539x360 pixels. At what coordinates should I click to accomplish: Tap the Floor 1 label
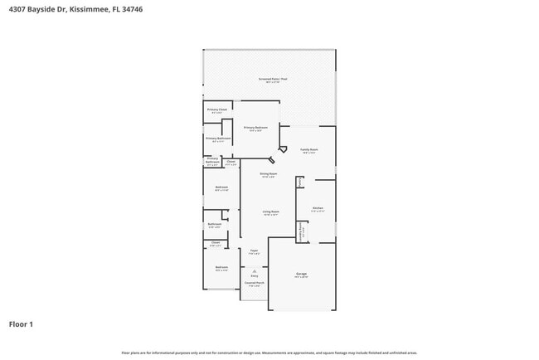(21, 324)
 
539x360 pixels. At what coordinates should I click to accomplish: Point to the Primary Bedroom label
(255, 129)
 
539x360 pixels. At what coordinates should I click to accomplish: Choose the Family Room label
(310, 150)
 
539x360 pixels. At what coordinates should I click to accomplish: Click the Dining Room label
(268, 174)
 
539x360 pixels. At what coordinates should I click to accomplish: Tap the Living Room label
(270, 213)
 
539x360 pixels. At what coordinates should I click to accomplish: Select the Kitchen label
(318, 209)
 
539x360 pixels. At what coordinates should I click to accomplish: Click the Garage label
(302, 275)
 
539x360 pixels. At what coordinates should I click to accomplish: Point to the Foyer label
(254, 251)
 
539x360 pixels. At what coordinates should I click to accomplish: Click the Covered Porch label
(254, 285)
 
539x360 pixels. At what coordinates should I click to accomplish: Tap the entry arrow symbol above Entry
(255, 270)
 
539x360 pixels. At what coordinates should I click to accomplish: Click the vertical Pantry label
(300, 182)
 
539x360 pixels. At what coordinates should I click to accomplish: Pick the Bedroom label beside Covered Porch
(221, 268)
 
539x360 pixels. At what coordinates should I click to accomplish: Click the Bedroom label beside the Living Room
(221, 188)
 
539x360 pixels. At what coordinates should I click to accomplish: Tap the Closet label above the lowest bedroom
(215, 244)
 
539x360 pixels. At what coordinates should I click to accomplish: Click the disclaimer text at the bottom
(269, 353)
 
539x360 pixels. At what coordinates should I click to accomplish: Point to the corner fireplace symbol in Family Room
(284, 149)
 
